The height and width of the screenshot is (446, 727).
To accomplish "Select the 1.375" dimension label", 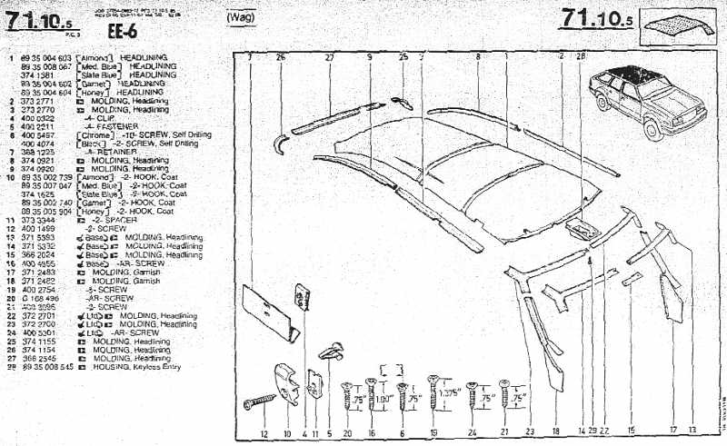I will point(446,393).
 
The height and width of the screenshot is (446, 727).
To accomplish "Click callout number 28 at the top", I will point(581,56).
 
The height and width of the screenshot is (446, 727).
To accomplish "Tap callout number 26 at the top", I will point(280,56).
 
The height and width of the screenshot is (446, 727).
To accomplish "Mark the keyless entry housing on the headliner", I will point(577,223).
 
